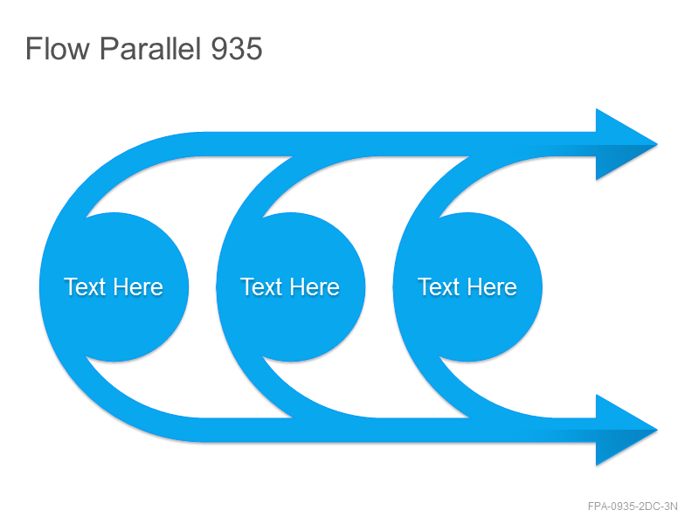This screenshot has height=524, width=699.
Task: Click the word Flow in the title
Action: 58,48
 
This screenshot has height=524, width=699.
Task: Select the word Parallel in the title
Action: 149,48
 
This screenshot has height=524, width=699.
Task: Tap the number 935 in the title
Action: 236,48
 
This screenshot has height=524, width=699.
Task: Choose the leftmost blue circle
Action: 114,287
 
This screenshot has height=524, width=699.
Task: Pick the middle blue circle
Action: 291,287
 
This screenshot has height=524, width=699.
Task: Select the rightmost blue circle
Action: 467,287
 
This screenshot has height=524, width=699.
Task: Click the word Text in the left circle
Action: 84,286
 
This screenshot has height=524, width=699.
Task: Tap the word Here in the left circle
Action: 138,286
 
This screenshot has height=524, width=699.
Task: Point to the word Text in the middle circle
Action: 260,286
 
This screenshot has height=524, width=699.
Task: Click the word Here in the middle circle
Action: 315,286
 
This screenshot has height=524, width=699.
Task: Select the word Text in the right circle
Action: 438,286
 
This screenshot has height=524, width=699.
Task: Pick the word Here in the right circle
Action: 491,286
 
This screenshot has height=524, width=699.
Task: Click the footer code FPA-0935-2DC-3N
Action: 633,507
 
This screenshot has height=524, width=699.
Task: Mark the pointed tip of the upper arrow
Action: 658,144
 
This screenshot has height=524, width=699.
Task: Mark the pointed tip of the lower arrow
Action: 658,430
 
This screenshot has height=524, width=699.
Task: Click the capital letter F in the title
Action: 33,48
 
